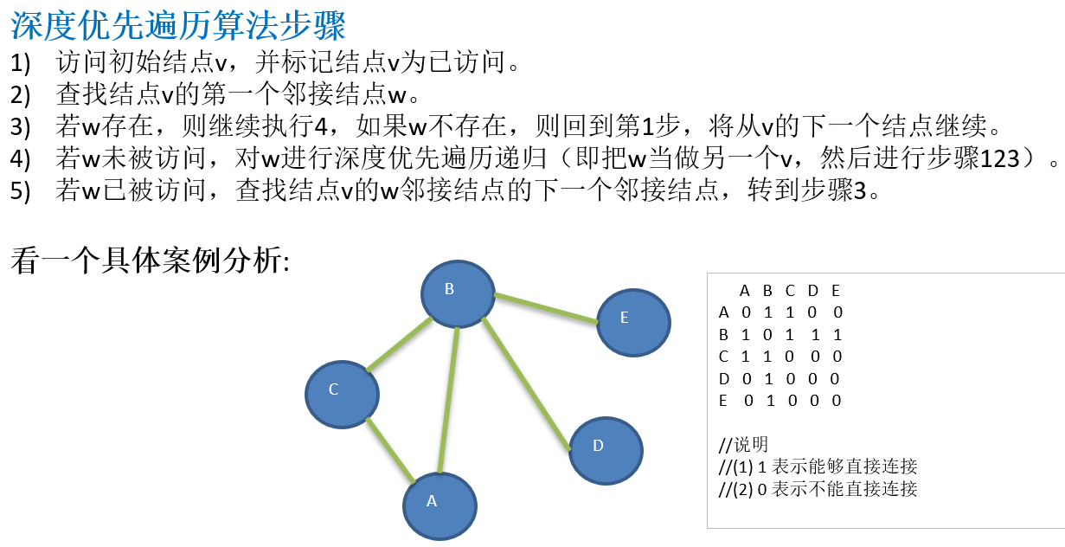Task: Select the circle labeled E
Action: (x=633, y=320)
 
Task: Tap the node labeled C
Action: (x=342, y=392)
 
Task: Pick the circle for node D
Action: (x=606, y=448)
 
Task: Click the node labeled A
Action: (x=440, y=505)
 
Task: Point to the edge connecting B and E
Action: (x=545, y=309)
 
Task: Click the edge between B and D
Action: (x=526, y=384)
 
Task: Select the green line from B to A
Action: (x=448, y=400)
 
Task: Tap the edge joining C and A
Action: (x=391, y=449)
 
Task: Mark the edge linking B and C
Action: (x=399, y=345)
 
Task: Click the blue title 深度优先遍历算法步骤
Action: (x=178, y=26)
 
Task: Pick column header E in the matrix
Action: (x=835, y=290)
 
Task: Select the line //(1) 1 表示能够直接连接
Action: (x=818, y=467)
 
